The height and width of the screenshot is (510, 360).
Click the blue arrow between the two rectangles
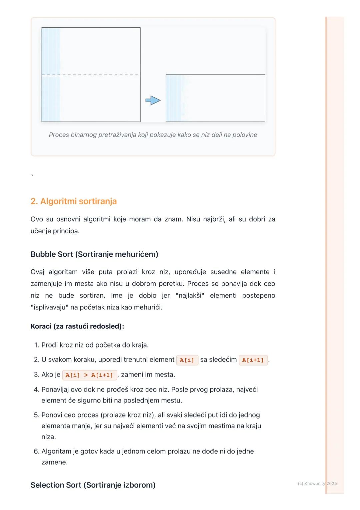(153, 100)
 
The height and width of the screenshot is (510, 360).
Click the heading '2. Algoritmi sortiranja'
(74, 201)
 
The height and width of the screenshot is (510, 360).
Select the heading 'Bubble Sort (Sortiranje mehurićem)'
(94, 254)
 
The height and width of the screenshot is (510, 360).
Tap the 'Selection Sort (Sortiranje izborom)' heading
(93, 485)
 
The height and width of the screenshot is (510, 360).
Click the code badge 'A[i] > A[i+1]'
(89, 375)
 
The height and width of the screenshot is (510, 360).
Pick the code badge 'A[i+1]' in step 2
(253, 360)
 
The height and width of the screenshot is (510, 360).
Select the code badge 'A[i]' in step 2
(187, 360)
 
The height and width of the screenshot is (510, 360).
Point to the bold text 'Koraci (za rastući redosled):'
(77, 326)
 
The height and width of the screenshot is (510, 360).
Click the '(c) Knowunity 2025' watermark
(317, 483)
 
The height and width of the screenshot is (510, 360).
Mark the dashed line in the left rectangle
(90, 75)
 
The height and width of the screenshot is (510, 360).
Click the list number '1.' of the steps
(37, 345)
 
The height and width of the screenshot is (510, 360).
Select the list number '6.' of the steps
(37, 451)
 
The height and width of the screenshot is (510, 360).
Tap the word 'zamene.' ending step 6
(54, 462)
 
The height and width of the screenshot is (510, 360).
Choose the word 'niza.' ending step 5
(49, 437)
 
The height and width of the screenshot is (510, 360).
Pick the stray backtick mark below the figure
(32, 175)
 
